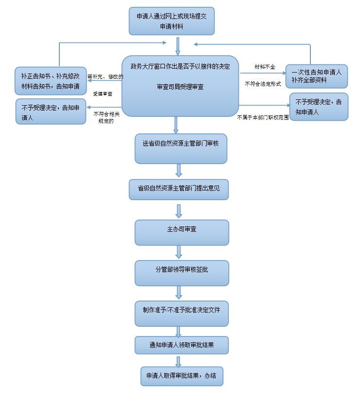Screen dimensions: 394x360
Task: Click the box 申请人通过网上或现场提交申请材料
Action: (x=172, y=21)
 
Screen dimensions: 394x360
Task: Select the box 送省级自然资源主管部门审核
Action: (x=180, y=149)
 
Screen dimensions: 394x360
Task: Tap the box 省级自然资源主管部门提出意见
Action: (x=179, y=189)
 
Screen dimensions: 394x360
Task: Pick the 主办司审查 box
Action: (x=181, y=232)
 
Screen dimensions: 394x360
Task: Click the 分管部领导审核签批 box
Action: (x=181, y=273)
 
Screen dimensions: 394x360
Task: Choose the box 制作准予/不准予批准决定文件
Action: (x=181, y=313)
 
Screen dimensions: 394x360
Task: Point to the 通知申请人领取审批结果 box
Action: (x=181, y=345)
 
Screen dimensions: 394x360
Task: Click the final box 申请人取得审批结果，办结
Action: (x=181, y=376)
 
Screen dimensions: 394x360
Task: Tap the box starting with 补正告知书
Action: (x=50, y=81)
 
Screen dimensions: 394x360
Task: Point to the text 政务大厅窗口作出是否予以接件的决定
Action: (x=180, y=66)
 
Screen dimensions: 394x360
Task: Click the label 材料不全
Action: (x=265, y=66)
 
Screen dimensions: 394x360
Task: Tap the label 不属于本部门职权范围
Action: (x=263, y=117)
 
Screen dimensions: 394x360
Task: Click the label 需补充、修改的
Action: (x=105, y=76)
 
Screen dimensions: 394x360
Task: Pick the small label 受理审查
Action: (x=103, y=93)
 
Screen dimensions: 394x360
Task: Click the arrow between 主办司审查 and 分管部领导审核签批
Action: (x=179, y=252)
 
